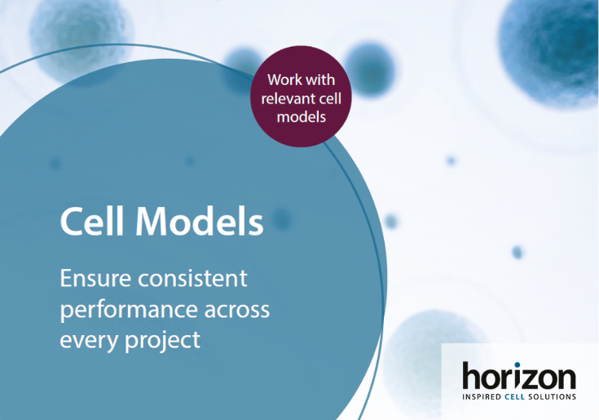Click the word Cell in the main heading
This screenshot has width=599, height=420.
[92, 221]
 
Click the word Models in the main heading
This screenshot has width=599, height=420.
[200, 221]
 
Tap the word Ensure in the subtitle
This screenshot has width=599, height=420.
[95, 278]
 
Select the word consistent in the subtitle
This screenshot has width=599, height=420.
[192, 278]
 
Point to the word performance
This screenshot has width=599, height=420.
[129, 311]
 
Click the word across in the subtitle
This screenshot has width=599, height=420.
[237, 311]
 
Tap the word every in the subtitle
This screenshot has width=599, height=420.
[89, 341]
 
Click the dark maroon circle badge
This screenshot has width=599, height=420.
[301, 96]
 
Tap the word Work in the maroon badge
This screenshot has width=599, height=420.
[281, 80]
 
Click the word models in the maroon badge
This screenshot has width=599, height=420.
[301, 117]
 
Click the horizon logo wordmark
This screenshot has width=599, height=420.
[519, 376]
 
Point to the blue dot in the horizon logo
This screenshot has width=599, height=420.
[518, 365]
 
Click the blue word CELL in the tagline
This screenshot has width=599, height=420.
[514, 396]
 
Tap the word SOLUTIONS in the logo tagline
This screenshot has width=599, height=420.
[552, 396]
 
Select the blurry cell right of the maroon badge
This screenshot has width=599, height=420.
[369, 69]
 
